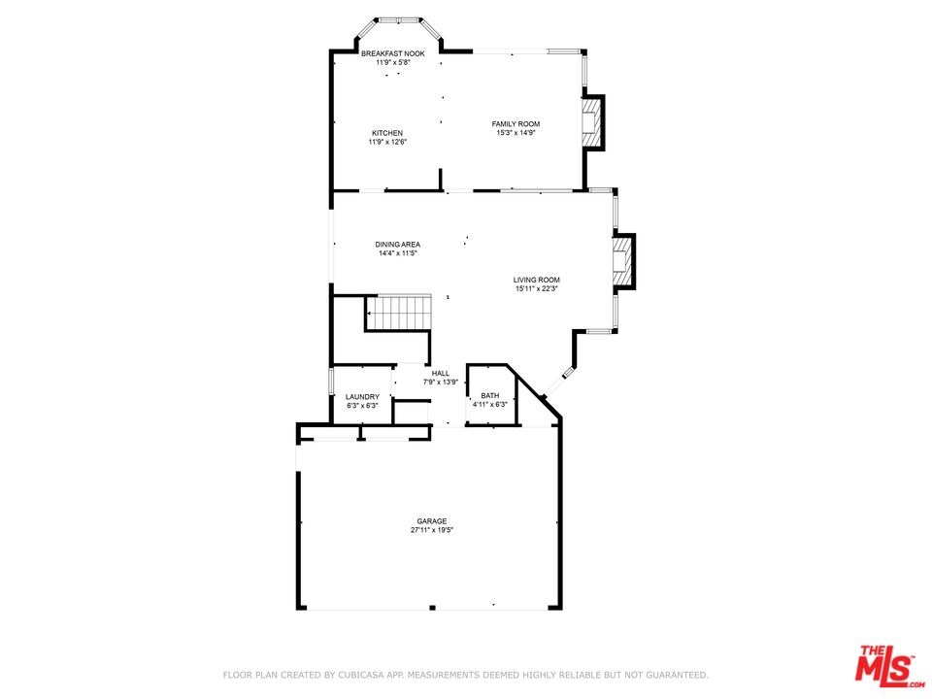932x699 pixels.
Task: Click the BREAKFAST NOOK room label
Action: [393, 53]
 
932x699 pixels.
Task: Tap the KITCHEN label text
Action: [387, 133]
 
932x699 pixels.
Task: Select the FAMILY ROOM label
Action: [516, 124]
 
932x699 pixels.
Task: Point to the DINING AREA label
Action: [398, 245]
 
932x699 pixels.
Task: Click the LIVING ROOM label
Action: [537, 280]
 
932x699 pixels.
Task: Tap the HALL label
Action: [441, 373]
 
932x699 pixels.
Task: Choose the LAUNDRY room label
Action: [362, 397]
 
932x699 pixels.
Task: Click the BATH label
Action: [490, 396]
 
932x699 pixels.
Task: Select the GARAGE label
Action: [432, 521]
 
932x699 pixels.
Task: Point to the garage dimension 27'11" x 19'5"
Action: [432, 530]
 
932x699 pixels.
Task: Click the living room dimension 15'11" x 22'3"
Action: [537, 289]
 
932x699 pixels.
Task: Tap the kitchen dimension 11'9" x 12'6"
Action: [387, 142]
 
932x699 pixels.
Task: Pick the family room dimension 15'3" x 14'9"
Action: [516, 133]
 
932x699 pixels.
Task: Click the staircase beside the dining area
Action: [398, 313]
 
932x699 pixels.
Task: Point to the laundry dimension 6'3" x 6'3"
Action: [362, 406]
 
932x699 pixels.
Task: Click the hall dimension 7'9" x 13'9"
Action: [441, 383]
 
